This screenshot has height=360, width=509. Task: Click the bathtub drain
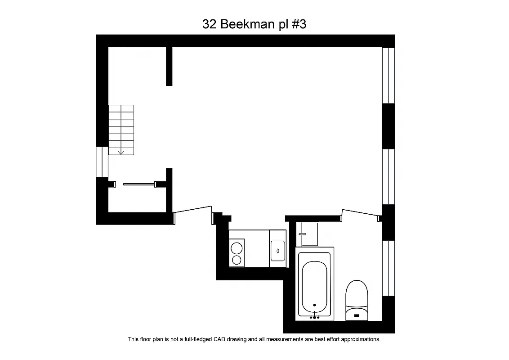coord(314,305)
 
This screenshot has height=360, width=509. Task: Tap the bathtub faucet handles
coord(315,317)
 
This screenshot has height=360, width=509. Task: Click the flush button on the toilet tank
coord(357,315)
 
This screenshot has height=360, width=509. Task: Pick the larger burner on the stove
coord(237,248)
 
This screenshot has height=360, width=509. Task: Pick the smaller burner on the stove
coord(237,259)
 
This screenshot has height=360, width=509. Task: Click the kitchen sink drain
coord(277,250)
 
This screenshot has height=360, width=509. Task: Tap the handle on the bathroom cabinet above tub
coord(302,234)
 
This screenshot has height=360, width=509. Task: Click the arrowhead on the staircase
coord(121,153)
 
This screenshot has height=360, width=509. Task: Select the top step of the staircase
coord(121,108)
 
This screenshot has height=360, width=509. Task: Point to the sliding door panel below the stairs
coord(139,184)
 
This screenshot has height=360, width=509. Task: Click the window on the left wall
coord(102,162)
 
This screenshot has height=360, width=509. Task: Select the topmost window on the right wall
coord(388,75)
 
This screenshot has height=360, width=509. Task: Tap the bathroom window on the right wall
coord(388,268)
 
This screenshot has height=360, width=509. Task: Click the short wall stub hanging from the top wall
coord(169,66)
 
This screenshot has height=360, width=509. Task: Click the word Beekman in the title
coord(245,24)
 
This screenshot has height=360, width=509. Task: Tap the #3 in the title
coord(299,24)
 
